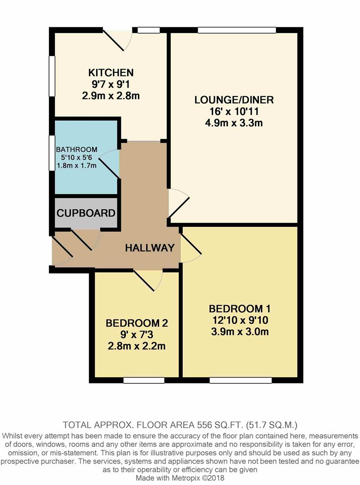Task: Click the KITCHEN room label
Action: (x=111, y=73)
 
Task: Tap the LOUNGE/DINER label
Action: (x=234, y=100)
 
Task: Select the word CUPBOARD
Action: (x=86, y=213)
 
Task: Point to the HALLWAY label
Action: (x=150, y=248)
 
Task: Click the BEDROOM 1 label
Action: (x=240, y=309)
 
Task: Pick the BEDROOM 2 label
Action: (x=137, y=323)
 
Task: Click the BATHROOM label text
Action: (x=77, y=150)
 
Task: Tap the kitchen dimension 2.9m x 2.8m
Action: (x=111, y=96)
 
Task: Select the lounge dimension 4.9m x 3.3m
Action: (x=234, y=123)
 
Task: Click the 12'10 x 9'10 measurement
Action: (x=240, y=320)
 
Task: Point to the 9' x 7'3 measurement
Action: (x=137, y=335)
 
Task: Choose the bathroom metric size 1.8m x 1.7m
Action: (x=77, y=165)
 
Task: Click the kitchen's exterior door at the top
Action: (x=118, y=40)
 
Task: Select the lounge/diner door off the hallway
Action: (x=178, y=204)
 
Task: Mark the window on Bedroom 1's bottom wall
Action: (x=241, y=380)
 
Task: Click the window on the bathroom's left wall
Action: (x=52, y=153)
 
